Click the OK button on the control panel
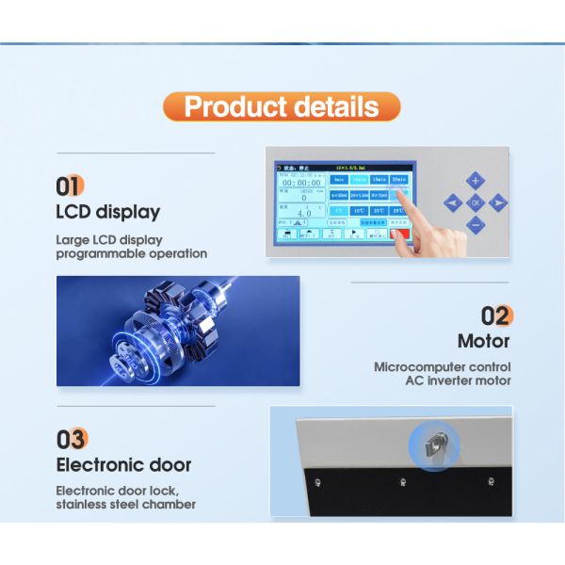pos(476,202)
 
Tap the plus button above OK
pos(476,180)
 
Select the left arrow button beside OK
pos(453,202)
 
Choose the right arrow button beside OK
pos(498,202)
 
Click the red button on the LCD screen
pos(400,233)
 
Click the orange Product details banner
pos(282,105)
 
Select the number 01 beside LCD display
pos(70,185)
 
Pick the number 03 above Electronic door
pos(72,439)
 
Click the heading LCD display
pos(107,212)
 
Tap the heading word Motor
pos(483,341)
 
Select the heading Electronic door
pos(123,465)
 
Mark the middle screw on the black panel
pos(403,484)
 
